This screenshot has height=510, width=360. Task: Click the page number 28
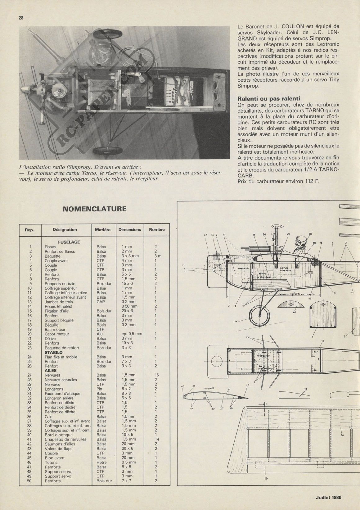(x=21, y=18)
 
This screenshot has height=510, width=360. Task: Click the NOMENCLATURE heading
(x=94, y=209)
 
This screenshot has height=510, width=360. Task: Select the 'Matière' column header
(x=103, y=230)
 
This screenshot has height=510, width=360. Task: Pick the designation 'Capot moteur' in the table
(x=57, y=334)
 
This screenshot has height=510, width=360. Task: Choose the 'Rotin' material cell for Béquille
(x=101, y=325)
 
